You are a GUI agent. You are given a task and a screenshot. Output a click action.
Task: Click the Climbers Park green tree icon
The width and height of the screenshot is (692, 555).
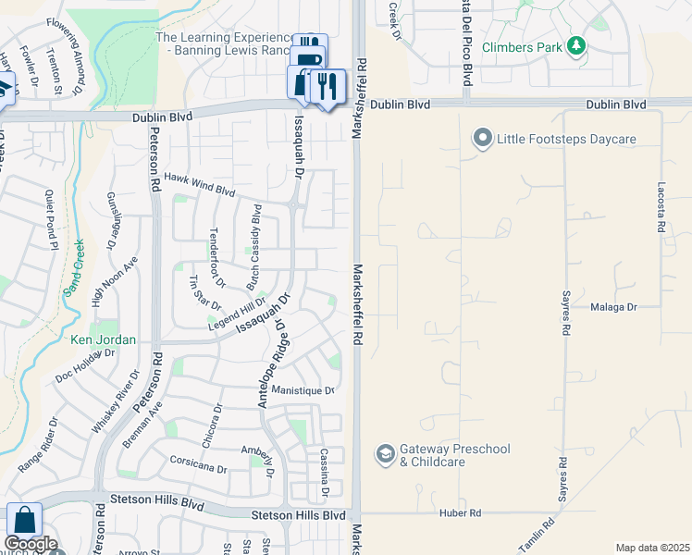pyautogui.click(x=576, y=44)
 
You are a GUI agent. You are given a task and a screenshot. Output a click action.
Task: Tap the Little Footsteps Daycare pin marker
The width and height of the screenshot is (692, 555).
pyautogui.click(x=482, y=140)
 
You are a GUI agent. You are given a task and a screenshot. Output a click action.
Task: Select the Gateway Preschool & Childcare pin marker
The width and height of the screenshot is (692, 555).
pyautogui.click(x=384, y=454)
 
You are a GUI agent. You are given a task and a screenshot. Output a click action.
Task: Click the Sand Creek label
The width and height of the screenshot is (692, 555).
pyautogui.click(x=74, y=267)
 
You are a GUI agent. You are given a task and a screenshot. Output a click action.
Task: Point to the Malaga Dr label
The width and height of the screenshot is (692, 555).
pyautogui.click(x=614, y=306)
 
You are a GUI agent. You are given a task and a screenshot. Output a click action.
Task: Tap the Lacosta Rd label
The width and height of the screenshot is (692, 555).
pyautogui.click(x=662, y=206)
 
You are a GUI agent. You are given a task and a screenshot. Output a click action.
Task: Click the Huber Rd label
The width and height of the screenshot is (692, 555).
pyautogui.click(x=461, y=512)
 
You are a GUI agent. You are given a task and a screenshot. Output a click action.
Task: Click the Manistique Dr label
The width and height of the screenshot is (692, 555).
pyautogui.click(x=303, y=390)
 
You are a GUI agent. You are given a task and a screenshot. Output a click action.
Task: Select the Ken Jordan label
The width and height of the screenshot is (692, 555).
pyautogui.click(x=104, y=339)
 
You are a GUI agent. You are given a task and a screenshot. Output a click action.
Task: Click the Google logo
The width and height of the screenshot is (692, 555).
pyautogui.click(x=31, y=544)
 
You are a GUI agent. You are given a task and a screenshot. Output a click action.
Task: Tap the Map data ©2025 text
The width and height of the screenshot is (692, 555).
pyautogui.click(x=652, y=548)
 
